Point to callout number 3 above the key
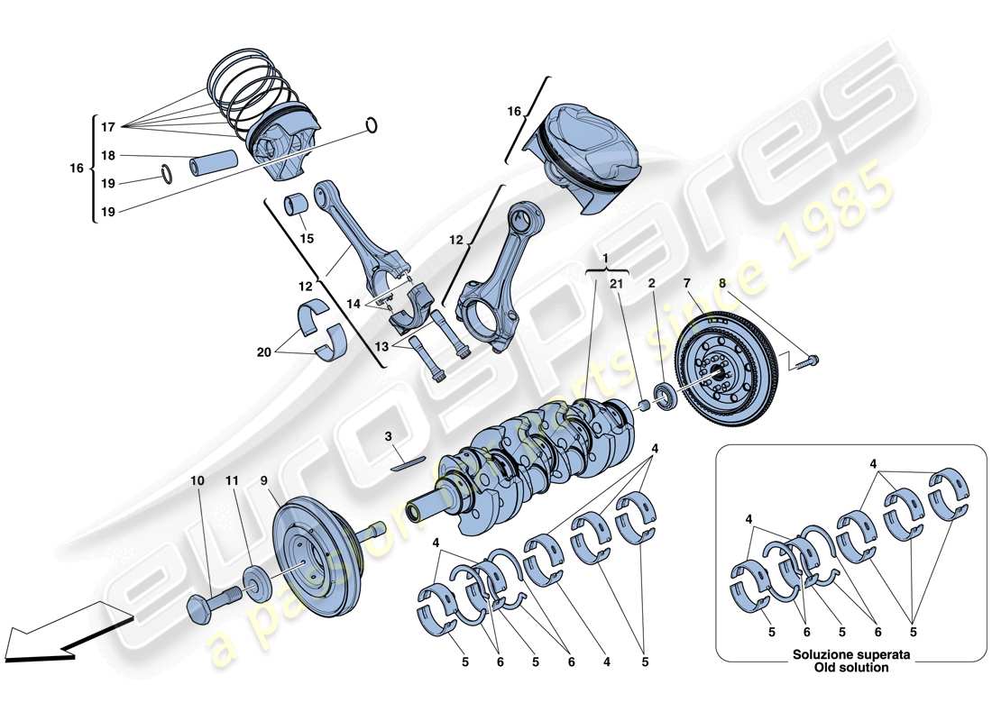pyautogui.click(x=387, y=436)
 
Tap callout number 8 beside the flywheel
pyautogui.click(x=721, y=283)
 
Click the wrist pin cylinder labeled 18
pyautogui.click(x=213, y=164)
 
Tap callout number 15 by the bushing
pyautogui.click(x=307, y=238)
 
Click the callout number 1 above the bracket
pyautogui.click(x=606, y=257)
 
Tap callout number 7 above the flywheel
pyautogui.click(x=686, y=283)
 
